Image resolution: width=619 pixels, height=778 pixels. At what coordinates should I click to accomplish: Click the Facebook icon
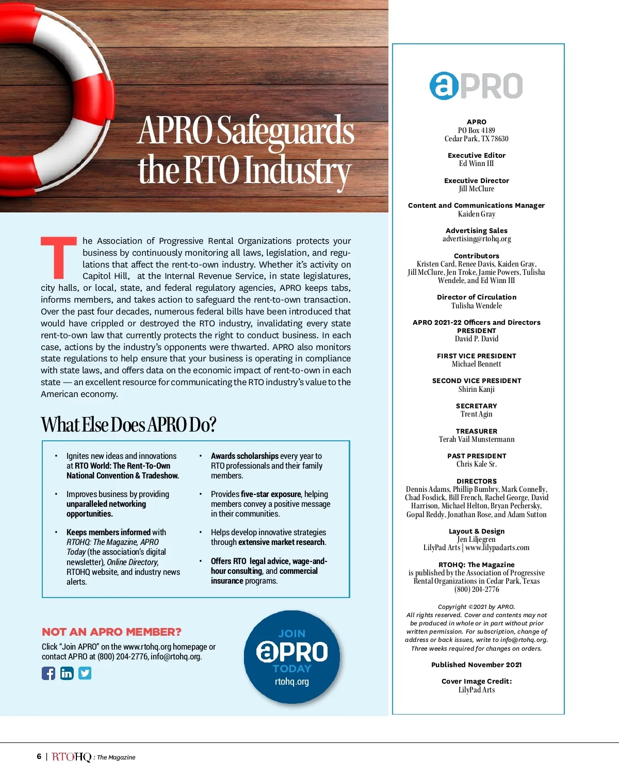click(x=48, y=673)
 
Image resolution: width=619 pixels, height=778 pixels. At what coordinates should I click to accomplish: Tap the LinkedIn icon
click(x=67, y=673)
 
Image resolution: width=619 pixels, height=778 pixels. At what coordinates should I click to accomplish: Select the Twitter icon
click(x=85, y=673)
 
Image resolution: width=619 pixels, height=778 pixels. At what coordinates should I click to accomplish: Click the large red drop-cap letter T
click(x=59, y=257)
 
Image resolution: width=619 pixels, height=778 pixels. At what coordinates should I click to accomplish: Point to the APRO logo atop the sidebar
click(x=476, y=86)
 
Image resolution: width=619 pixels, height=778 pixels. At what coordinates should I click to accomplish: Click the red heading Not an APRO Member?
click(x=111, y=632)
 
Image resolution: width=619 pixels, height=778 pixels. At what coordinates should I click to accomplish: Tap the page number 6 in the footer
click(x=39, y=756)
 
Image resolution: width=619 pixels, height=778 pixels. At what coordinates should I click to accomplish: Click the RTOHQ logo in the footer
click(x=72, y=757)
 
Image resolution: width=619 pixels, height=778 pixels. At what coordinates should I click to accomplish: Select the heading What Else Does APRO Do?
click(x=128, y=424)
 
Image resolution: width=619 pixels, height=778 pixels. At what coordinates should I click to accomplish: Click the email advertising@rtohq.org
click(x=477, y=239)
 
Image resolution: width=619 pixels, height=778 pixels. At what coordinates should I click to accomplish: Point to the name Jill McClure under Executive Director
click(x=477, y=189)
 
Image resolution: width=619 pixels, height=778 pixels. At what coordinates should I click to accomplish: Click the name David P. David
click(x=477, y=339)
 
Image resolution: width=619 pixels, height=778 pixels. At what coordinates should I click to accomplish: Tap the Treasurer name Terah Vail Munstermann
click(x=477, y=439)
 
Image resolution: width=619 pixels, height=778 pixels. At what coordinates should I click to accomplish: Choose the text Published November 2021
click(x=477, y=665)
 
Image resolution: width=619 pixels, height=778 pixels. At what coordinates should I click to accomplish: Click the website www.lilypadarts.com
click(x=497, y=548)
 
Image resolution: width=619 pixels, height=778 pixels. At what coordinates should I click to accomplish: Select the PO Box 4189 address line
click(x=477, y=130)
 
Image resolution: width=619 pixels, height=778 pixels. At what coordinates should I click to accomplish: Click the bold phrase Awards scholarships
click(x=245, y=456)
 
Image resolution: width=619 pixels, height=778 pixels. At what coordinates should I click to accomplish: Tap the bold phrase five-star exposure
click(x=271, y=494)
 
